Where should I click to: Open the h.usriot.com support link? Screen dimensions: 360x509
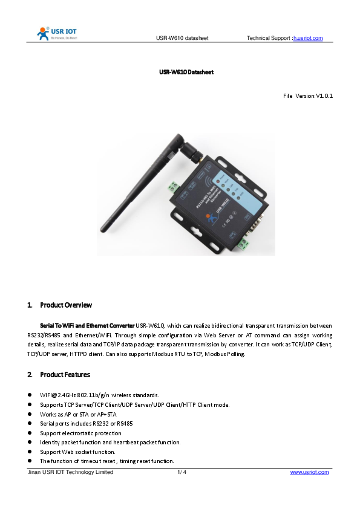[308, 39]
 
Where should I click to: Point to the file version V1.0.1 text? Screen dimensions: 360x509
[309, 96]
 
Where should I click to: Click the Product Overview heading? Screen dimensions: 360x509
[66, 305]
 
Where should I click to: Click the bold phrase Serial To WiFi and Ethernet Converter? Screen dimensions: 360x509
[87, 325]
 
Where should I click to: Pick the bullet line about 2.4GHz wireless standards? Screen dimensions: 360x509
[99, 395]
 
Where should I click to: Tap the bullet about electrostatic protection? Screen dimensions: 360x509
[80, 433]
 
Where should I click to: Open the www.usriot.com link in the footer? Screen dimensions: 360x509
[309, 472]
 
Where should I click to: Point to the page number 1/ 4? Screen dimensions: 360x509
[182, 472]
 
